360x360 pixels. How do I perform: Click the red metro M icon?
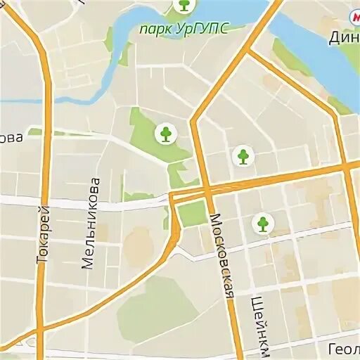[x=352, y=15]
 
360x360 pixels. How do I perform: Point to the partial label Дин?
[x=345, y=37]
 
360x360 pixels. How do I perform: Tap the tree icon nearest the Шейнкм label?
[x=262, y=224]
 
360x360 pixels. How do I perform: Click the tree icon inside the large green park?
[x=166, y=133]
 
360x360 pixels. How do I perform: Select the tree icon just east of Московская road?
[x=243, y=155]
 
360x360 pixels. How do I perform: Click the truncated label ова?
[x=10, y=138]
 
